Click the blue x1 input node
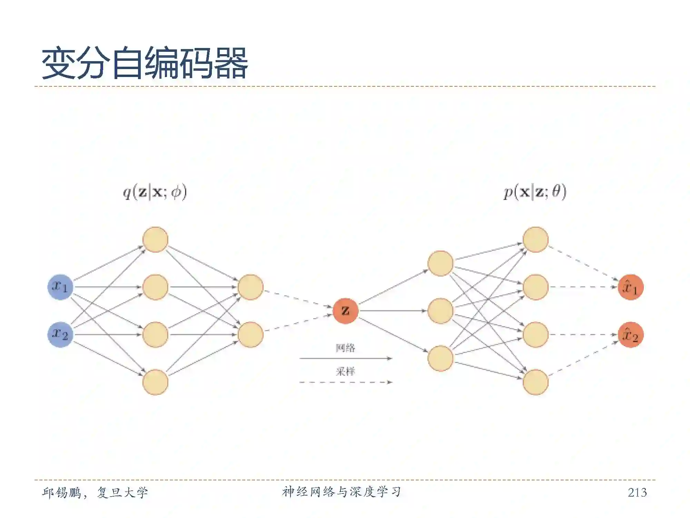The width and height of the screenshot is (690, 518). pyautogui.click(x=60, y=287)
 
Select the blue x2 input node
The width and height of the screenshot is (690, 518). pyautogui.click(x=60, y=334)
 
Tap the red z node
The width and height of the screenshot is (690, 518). pyautogui.click(x=345, y=311)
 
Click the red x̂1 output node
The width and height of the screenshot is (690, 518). pyautogui.click(x=630, y=287)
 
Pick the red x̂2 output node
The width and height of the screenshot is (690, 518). pyautogui.click(x=630, y=335)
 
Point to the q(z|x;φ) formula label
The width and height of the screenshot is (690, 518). pyautogui.click(x=155, y=192)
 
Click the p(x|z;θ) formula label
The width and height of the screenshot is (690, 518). pyautogui.click(x=535, y=192)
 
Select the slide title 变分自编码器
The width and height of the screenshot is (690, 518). pyautogui.click(x=145, y=64)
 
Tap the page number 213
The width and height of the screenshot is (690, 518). pyautogui.click(x=637, y=492)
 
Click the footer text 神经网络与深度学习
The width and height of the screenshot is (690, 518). pyautogui.click(x=342, y=492)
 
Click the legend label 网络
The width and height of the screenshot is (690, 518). pyautogui.click(x=345, y=348)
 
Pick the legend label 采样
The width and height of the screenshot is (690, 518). pyautogui.click(x=345, y=372)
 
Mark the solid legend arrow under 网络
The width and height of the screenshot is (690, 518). pyautogui.click(x=345, y=358)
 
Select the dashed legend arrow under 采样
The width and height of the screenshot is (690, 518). pyautogui.click(x=345, y=382)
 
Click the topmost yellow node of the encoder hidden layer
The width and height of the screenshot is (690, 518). pyautogui.click(x=155, y=239)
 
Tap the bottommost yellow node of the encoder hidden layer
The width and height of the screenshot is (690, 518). pyautogui.click(x=155, y=382)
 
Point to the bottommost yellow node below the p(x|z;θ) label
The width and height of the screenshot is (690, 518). pyautogui.click(x=535, y=382)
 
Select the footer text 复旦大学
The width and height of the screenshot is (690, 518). pyautogui.click(x=122, y=492)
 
